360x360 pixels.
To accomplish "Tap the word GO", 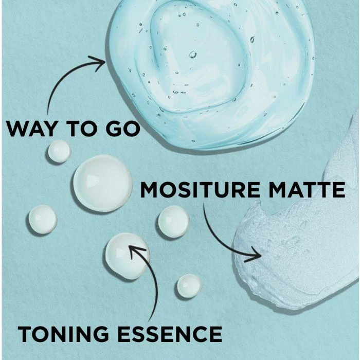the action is click(x=123, y=129).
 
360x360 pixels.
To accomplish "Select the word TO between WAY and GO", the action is click(x=81, y=129).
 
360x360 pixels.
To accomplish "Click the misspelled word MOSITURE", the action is click(x=200, y=190).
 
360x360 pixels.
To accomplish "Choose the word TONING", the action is click(x=63, y=334).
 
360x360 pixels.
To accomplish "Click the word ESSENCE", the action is click(x=170, y=334).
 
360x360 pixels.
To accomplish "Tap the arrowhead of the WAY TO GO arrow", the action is click(x=99, y=63).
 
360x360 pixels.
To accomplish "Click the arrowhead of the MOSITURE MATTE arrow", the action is click(x=255, y=255).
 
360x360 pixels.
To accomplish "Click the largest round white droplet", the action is click(x=103, y=183).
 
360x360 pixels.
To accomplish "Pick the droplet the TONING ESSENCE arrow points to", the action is click(x=128, y=256).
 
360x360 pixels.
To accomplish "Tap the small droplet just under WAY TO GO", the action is click(x=59, y=151).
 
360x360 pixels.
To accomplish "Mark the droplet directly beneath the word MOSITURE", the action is click(x=174, y=221).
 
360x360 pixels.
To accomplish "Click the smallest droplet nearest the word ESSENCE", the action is click(x=189, y=286).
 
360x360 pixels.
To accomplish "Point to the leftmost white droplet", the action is click(x=43, y=220).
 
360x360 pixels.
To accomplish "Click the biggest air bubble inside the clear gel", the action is click(x=193, y=55).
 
